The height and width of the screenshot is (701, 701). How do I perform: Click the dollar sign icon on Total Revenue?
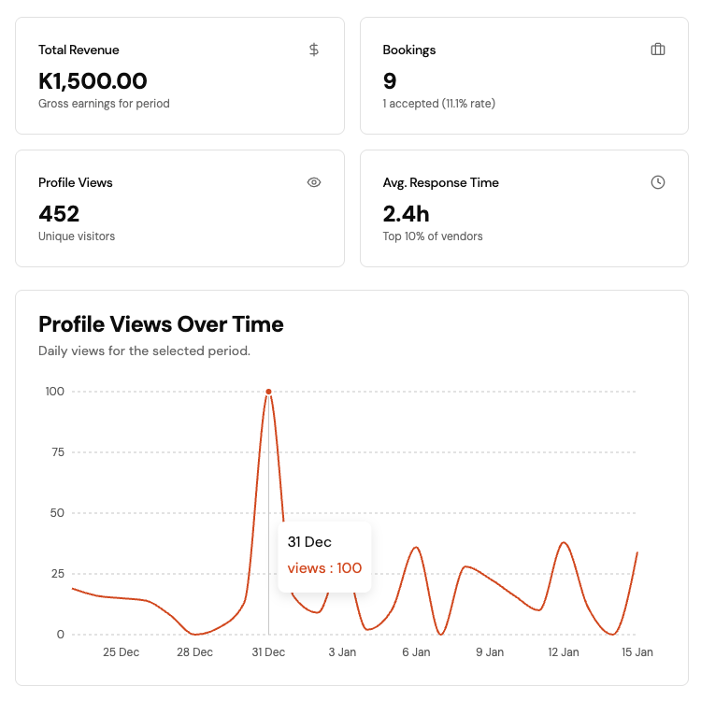(314, 50)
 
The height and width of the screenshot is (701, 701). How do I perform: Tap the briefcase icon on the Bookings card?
(658, 50)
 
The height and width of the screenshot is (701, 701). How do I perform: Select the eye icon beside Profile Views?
(314, 182)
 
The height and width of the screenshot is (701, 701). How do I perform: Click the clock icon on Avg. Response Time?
(658, 182)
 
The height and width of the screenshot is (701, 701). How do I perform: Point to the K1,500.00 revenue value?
(93, 81)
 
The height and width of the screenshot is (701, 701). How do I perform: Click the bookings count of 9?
(390, 81)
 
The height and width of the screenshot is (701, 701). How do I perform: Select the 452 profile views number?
(59, 214)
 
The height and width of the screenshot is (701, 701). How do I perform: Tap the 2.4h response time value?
(406, 214)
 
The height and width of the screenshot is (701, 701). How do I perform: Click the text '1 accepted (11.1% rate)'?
(438, 104)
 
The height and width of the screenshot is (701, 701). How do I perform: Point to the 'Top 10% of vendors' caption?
(433, 236)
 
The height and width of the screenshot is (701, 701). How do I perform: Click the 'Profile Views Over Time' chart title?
(161, 324)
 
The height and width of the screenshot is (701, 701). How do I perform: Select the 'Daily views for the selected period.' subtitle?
(144, 351)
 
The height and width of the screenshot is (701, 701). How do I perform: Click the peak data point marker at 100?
(268, 392)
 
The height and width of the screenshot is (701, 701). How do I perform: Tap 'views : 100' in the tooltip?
(324, 568)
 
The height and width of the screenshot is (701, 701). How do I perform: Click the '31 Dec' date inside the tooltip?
(309, 542)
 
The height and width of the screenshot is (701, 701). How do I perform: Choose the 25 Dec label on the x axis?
(121, 652)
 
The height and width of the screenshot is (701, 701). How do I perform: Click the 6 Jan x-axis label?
(416, 652)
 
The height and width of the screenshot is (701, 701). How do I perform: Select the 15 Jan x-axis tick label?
(637, 652)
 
